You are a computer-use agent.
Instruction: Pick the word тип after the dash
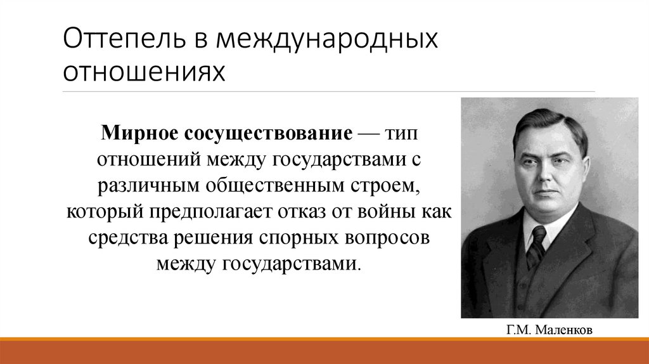pos(401,134)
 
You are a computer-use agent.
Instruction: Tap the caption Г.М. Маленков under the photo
pos(550,330)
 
